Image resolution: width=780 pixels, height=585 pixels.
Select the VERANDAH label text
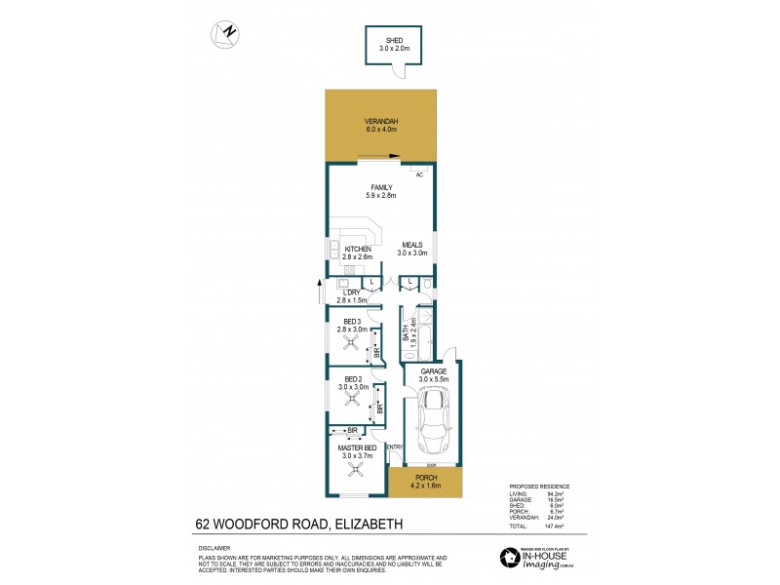pyautogui.click(x=381, y=121)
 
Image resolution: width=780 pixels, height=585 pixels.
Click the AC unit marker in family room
pyautogui.click(x=419, y=175)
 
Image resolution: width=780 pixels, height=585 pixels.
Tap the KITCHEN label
pyautogui.click(x=357, y=249)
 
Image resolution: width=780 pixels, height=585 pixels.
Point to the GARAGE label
pyautogui.click(x=433, y=371)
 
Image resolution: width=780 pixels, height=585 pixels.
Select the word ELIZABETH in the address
pyautogui.click(x=370, y=525)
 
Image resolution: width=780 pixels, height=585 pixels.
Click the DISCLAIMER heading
pyautogui.click(x=214, y=548)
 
